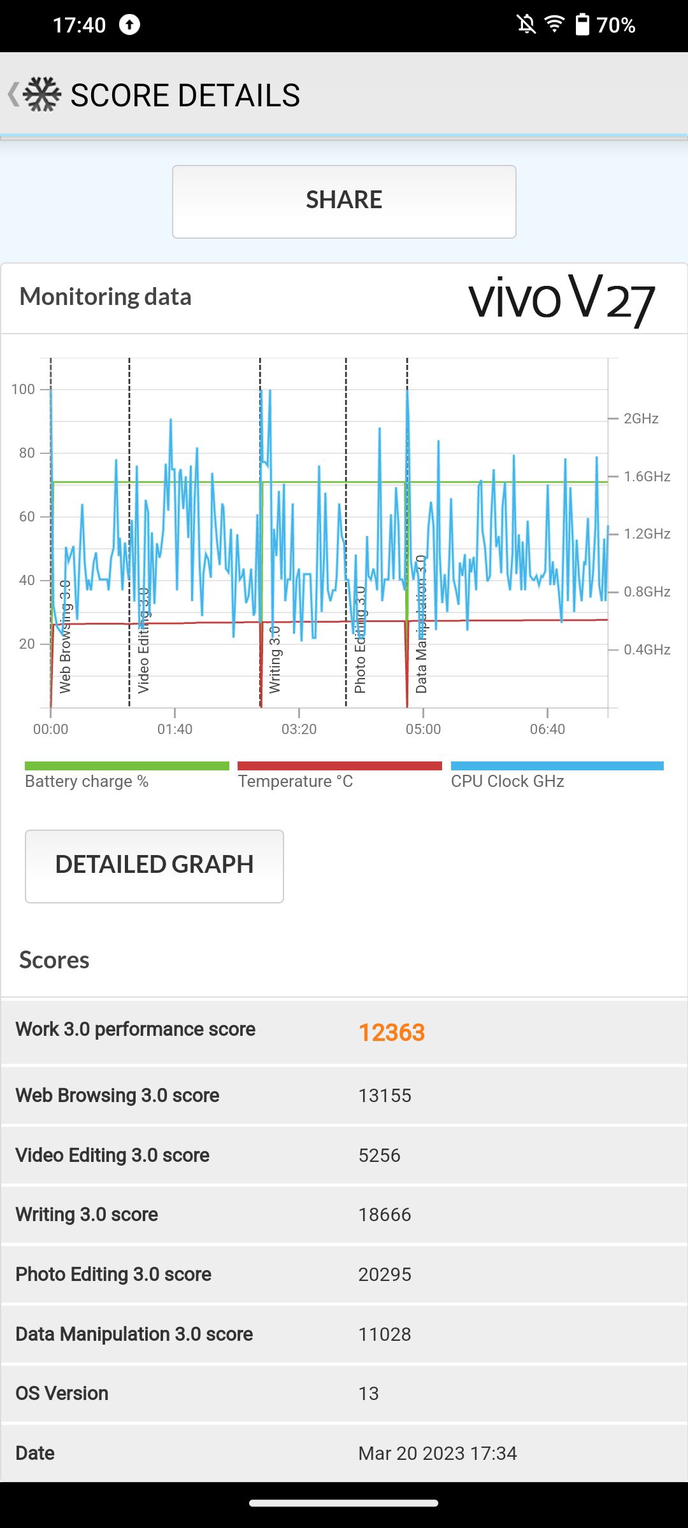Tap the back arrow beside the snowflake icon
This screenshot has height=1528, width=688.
13,94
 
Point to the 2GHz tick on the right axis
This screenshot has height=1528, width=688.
640,418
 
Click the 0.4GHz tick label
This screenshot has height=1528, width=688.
647,649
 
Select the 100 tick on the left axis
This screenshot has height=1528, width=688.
23,389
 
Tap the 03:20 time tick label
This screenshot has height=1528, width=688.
299,729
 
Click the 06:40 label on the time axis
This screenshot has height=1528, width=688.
547,729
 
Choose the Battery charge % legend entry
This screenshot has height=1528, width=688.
87,781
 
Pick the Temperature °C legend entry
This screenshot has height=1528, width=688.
296,781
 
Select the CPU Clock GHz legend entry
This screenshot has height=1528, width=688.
508,781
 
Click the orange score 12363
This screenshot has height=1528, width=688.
391,1033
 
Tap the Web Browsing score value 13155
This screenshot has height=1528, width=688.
385,1096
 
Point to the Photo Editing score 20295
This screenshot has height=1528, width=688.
385,1275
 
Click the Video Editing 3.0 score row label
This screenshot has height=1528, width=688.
112,1155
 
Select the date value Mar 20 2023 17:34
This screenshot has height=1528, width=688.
438,1454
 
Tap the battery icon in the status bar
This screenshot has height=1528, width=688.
582,25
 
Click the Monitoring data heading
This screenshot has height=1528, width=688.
106,297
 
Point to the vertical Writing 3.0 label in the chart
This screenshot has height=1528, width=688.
275,659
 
